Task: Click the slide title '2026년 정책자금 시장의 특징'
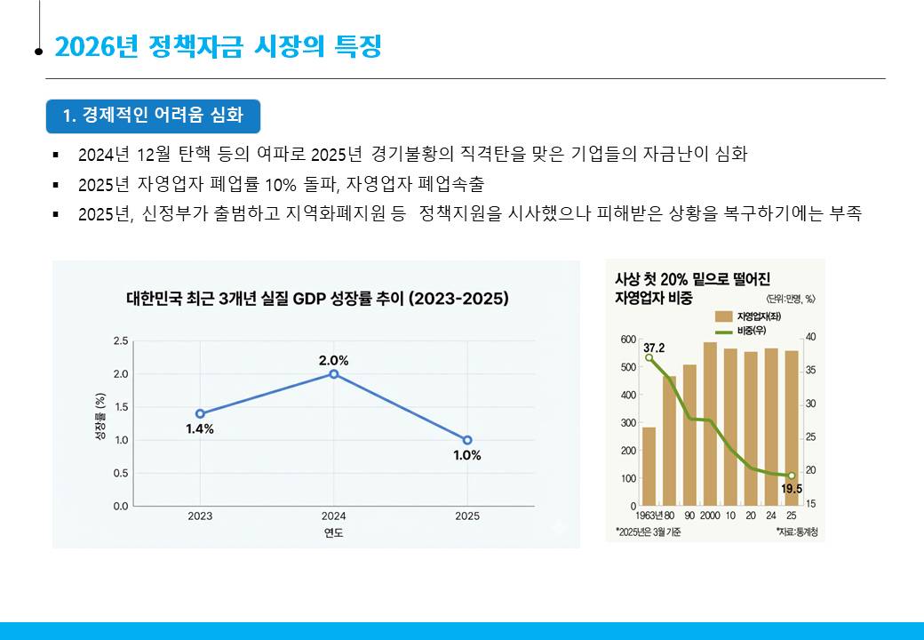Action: tap(218, 46)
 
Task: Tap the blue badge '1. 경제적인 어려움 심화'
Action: tap(153, 116)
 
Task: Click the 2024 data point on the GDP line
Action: tap(334, 373)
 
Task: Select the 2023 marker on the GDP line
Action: tap(200, 413)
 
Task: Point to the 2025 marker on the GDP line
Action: tap(467, 440)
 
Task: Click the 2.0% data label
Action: tap(334, 360)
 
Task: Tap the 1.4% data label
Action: tap(200, 429)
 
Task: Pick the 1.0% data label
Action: tap(467, 456)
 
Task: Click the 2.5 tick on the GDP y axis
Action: tap(120, 340)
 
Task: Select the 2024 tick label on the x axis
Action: tap(334, 516)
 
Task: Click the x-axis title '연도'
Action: tap(334, 532)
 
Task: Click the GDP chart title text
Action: tap(318, 299)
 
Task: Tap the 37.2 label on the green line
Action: tap(654, 347)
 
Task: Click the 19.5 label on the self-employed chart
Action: tap(792, 489)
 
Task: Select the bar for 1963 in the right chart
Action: tap(649, 466)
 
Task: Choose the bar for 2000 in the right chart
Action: tap(710, 424)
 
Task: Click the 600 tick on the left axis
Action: tap(628, 340)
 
